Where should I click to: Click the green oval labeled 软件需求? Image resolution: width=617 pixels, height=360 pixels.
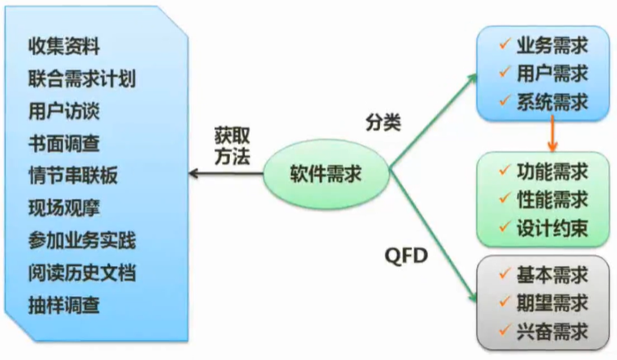[326, 172]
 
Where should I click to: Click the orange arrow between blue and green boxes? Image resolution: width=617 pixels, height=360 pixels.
[552, 133]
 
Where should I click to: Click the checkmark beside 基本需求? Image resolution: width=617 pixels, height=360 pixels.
[503, 274]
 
